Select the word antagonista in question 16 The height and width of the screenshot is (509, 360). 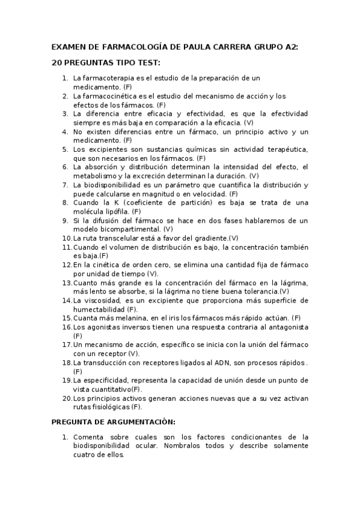point(285,327)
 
